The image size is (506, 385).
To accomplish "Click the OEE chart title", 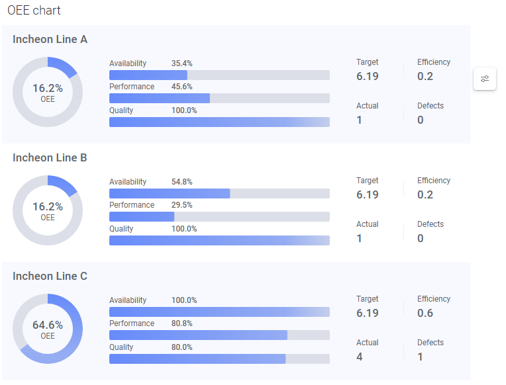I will point(34,11).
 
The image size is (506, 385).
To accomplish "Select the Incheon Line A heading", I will point(50,40).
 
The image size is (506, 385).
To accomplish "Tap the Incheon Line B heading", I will point(50,158).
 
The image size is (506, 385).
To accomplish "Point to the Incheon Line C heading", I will point(50,277).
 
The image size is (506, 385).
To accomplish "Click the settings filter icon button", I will point(485,79).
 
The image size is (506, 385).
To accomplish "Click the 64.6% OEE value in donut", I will point(48,325).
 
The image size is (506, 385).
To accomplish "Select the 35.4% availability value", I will point(181,64).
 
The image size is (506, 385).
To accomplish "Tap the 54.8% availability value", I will point(181,182).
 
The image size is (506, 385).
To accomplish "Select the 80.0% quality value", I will point(181,347).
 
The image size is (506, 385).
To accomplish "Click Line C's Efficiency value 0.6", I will point(425,313).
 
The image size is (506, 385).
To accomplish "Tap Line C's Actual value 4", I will point(360,357).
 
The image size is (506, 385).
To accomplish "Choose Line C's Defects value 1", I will point(421,357).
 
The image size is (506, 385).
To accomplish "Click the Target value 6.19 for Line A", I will point(368,76).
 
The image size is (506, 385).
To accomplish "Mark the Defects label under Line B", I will point(430,224).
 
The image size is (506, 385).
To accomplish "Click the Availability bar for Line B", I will point(219,194).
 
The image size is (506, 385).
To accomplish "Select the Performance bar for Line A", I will point(219,99).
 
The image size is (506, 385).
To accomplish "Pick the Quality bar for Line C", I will point(219,359).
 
